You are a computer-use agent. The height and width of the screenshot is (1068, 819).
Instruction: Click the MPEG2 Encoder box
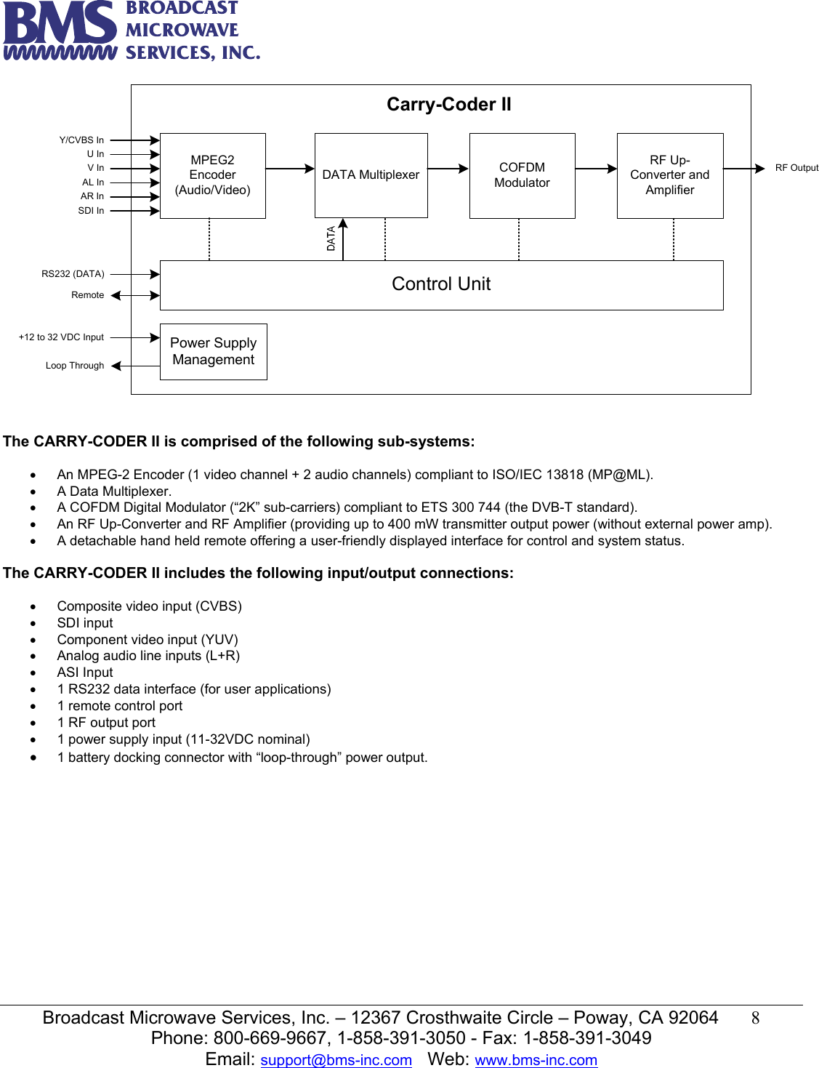pos(212,175)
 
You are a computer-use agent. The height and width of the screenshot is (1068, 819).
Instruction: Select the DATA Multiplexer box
pos(371,175)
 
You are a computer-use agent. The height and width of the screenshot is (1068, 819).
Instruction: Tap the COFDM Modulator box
pos(522,175)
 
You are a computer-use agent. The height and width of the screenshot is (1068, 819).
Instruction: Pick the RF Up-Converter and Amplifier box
pos(669,175)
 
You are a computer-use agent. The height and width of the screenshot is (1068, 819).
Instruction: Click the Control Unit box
pos(441,284)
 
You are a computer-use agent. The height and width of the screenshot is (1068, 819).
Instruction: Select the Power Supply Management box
pos(213,351)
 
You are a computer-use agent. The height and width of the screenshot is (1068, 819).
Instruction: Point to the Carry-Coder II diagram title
pos(448,105)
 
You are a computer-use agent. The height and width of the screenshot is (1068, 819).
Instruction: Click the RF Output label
pos(796,168)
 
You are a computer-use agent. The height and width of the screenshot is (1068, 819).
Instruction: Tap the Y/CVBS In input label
pos(81,140)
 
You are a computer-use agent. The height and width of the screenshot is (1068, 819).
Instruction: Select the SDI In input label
pos(91,211)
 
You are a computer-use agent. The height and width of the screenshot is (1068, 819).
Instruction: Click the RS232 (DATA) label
pos(73,274)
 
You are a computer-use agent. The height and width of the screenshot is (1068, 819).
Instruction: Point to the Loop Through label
pos(75,366)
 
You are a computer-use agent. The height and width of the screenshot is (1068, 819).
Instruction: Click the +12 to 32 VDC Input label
pos(61,337)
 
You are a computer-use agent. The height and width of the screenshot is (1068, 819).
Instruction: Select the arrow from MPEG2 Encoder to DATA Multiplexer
pos(290,169)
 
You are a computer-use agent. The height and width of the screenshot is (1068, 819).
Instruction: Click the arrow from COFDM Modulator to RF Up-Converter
pos(596,169)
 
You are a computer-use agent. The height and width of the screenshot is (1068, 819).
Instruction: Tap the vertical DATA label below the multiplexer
pos(331,238)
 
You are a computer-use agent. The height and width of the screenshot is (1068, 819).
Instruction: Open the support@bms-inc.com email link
pos(336,1060)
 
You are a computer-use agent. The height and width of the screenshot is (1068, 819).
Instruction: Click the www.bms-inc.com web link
pos(536,1060)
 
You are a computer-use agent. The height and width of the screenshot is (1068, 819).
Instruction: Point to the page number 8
pos(755,1018)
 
